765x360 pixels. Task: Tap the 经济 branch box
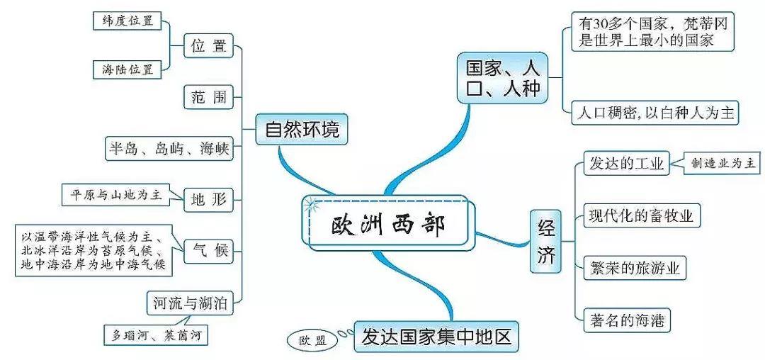click(546, 242)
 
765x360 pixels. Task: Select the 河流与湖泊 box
click(190, 304)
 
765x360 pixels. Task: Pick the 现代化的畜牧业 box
click(641, 215)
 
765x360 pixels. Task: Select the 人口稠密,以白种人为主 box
click(657, 113)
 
